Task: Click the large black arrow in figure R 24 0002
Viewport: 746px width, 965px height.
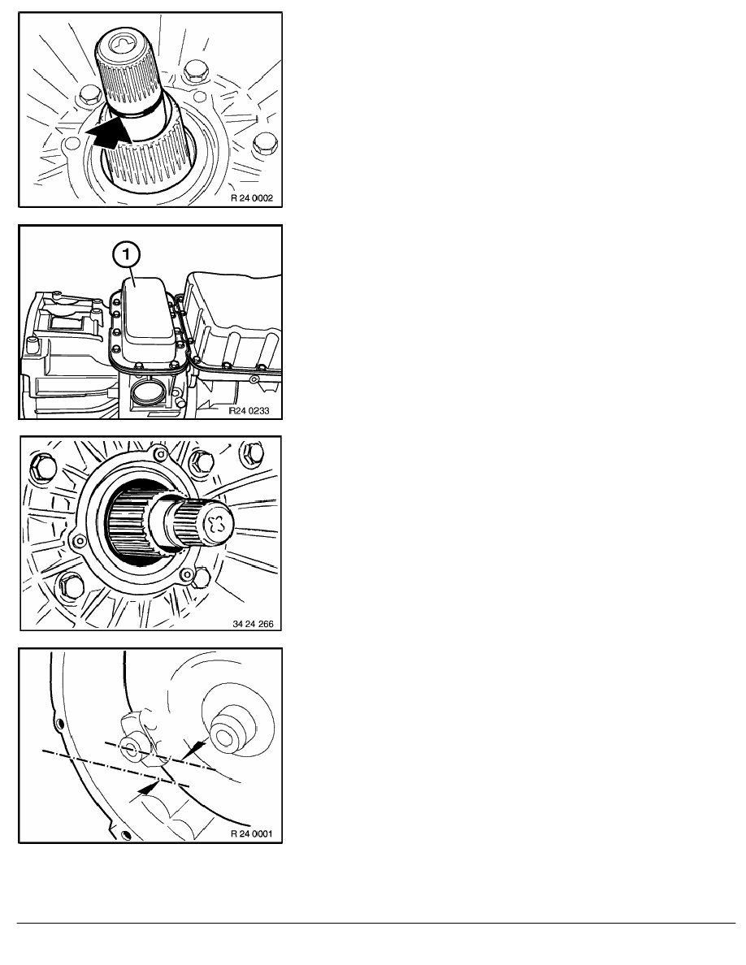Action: (x=111, y=133)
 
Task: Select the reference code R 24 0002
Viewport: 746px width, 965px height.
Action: (x=252, y=198)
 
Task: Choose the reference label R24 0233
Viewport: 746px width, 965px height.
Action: (x=249, y=410)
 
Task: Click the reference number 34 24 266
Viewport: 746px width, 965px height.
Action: (x=253, y=624)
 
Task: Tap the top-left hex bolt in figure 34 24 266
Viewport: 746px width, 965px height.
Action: (x=41, y=469)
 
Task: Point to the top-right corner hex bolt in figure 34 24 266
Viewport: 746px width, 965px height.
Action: (x=253, y=453)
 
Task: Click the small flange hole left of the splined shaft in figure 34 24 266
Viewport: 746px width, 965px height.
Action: (x=78, y=541)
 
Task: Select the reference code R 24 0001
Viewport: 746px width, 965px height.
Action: (x=252, y=834)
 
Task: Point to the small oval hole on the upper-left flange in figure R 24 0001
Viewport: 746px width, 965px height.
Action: (x=59, y=722)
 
